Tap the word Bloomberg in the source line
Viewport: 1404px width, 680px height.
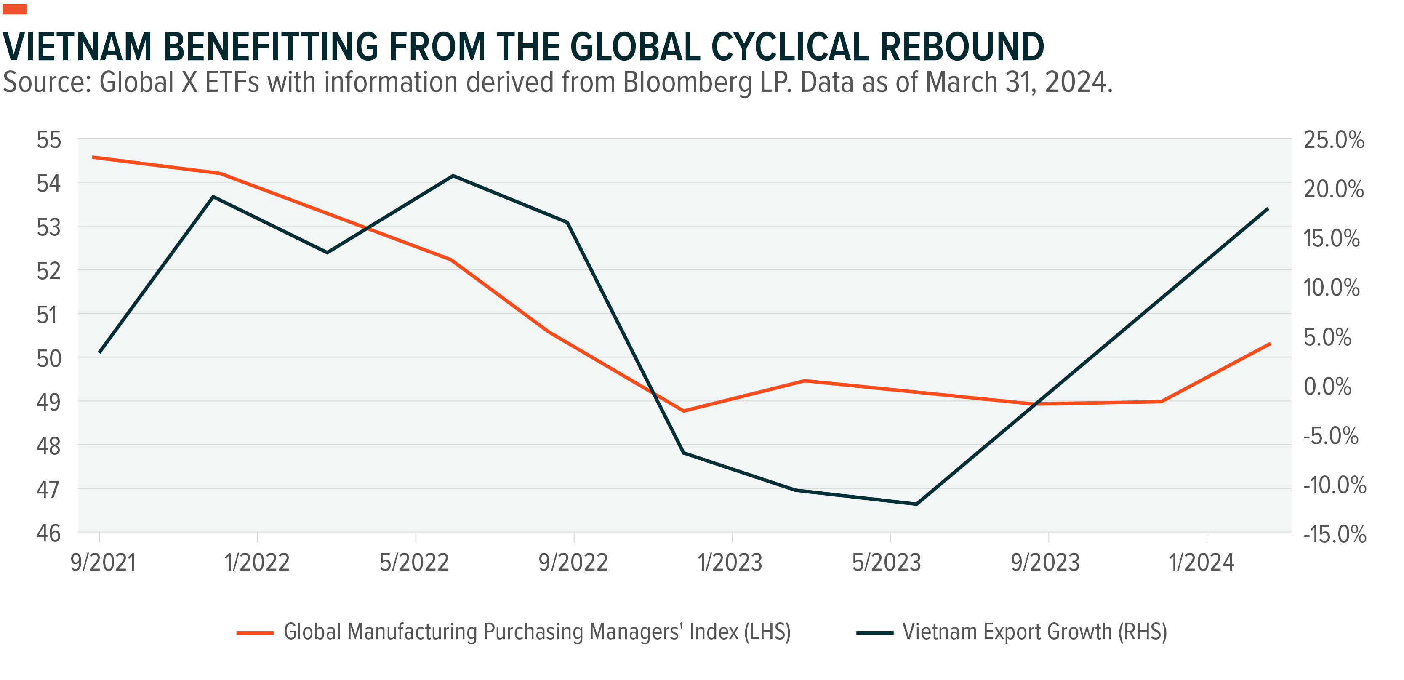[687, 83]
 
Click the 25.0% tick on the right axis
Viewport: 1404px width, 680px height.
[1333, 140]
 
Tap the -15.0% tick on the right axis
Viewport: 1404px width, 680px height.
[1334, 534]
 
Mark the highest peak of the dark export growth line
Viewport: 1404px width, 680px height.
[453, 176]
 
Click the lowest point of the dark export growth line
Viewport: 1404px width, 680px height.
[916, 504]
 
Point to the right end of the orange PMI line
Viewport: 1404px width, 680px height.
[1270, 344]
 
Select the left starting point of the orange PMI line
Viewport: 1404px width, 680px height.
[93, 157]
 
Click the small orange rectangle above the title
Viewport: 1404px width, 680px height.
[14, 9]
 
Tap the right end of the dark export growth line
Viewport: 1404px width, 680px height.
[1268, 209]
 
